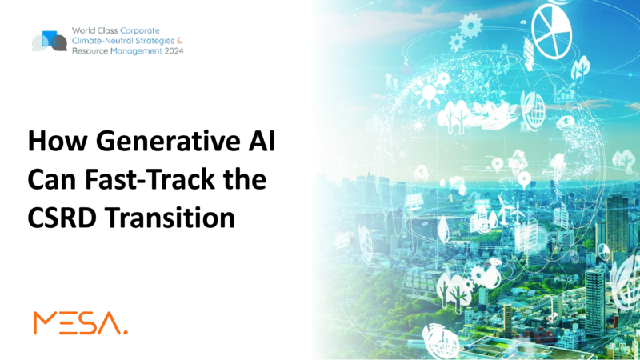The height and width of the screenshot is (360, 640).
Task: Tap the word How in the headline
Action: tap(58, 141)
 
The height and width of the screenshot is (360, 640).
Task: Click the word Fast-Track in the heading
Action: tap(150, 178)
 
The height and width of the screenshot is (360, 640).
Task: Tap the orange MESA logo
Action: tap(81, 323)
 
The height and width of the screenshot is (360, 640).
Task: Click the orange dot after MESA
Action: tap(126, 333)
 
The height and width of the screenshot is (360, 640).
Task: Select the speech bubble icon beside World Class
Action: tap(50, 41)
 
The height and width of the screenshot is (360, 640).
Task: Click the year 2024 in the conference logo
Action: tap(174, 51)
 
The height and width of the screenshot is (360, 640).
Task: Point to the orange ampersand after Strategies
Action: tap(179, 41)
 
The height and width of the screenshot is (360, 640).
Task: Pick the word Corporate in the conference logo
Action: tap(139, 30)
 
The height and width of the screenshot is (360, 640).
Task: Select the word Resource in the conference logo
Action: tap(90, 51)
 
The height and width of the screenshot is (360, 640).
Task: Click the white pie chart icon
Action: tap(552, 31)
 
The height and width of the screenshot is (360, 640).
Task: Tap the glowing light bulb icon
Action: tap(429, 94)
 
